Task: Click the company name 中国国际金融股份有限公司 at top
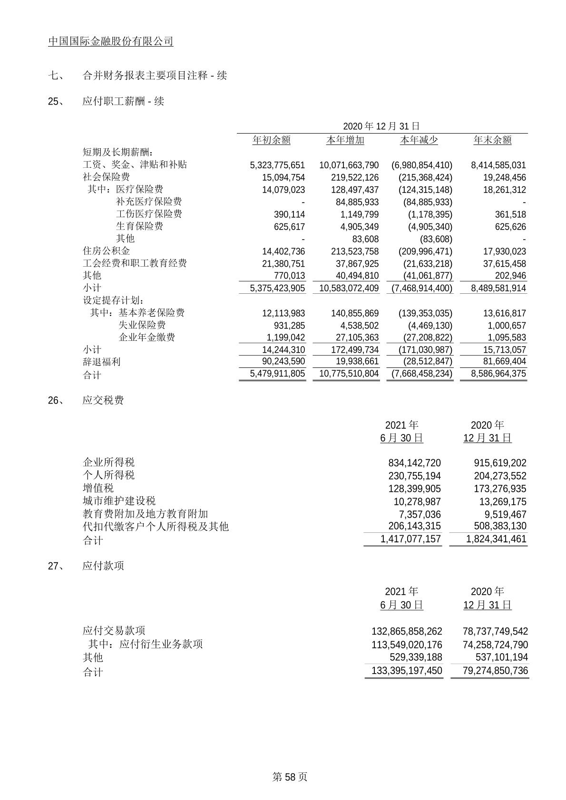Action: (x=111, y=42)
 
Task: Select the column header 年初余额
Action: (x=271, y=140)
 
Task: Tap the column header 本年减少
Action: (x=419, y=140)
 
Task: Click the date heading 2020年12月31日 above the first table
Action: (x=381, y=126)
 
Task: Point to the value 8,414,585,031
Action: (x=498, y=165)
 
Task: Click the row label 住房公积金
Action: (x=106, y=251)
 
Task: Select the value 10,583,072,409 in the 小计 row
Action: (x=349, y=288)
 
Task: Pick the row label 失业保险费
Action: (x=142, y=325)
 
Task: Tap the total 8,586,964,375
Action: (x=498, y=374)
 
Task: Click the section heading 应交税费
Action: (x=103, y=400)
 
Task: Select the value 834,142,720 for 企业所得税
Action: (x=414, y=463)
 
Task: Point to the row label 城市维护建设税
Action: (x=119, y=501)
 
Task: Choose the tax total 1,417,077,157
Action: (x=410, y=540)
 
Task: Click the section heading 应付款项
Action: (x=103, y=566)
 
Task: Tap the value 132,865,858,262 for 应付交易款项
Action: (x=407, y=632)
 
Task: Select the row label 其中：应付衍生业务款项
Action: (x=146, y=644)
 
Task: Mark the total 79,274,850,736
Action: (x=495, y=671)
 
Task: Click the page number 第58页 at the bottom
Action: (x=290, y=777)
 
